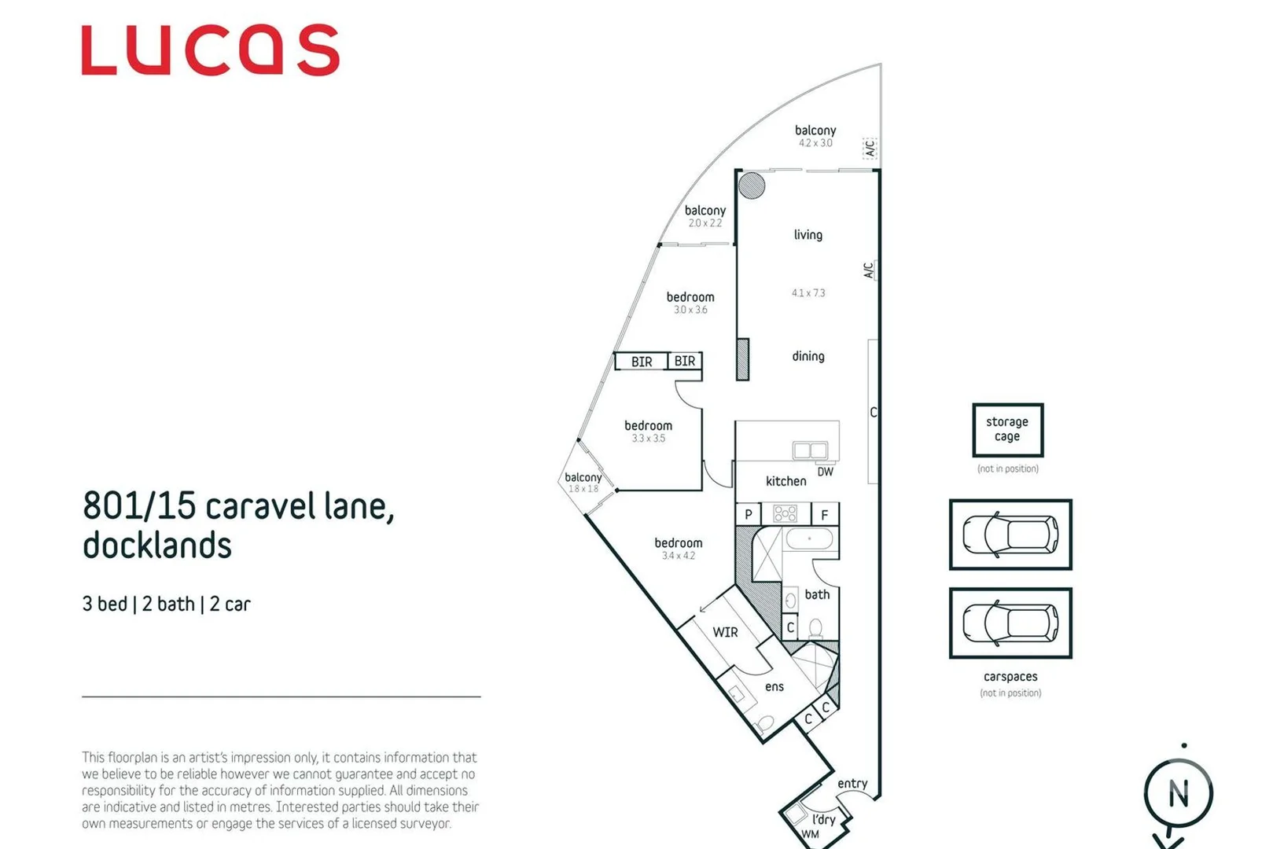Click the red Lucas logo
[210, 50]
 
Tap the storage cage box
[1007, 430]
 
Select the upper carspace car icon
[1010, 535]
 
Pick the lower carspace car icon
[1010, 623]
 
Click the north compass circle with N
[1178, 793]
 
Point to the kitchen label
[786, 481]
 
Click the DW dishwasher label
[825, 472]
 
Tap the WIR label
[725, 632]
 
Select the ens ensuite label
[774, 687]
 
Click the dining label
[808, 356]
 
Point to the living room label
[808, 234]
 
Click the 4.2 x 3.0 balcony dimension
[815, 143]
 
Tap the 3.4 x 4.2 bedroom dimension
[678, 556]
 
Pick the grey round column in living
[752, 186]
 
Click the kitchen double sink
[810, 450]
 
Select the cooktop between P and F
[786, 514]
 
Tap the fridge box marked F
[825, 515]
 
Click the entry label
[852, 784]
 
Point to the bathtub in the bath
[809, 539]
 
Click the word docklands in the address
[157, 546]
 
